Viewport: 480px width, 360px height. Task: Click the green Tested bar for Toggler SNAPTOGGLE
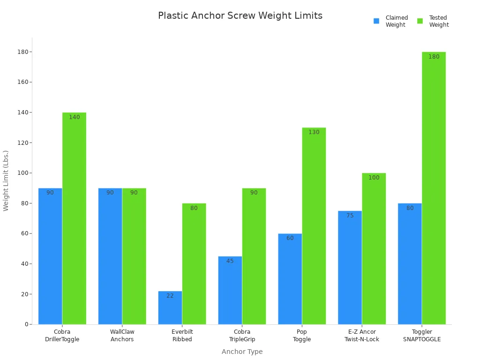[434, 187]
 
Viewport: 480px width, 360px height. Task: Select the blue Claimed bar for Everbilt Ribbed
[170, 309]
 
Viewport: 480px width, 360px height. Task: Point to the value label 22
[170, 296]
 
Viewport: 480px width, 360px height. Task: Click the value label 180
[434, 57]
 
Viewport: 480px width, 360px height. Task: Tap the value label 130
[314, 132]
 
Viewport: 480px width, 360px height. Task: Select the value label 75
[350, 216]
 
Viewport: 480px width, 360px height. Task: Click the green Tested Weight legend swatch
[420, 21]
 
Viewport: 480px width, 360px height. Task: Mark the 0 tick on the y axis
[26, 324]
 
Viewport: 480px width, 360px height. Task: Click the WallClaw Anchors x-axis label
[122, 336]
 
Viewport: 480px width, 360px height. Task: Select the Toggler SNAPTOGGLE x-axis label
[422, 336]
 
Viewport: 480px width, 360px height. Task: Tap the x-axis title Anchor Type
[242, 352]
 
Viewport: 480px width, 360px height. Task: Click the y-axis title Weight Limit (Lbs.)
[6, 180]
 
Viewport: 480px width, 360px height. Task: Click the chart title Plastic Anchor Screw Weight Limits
[240, 15]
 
